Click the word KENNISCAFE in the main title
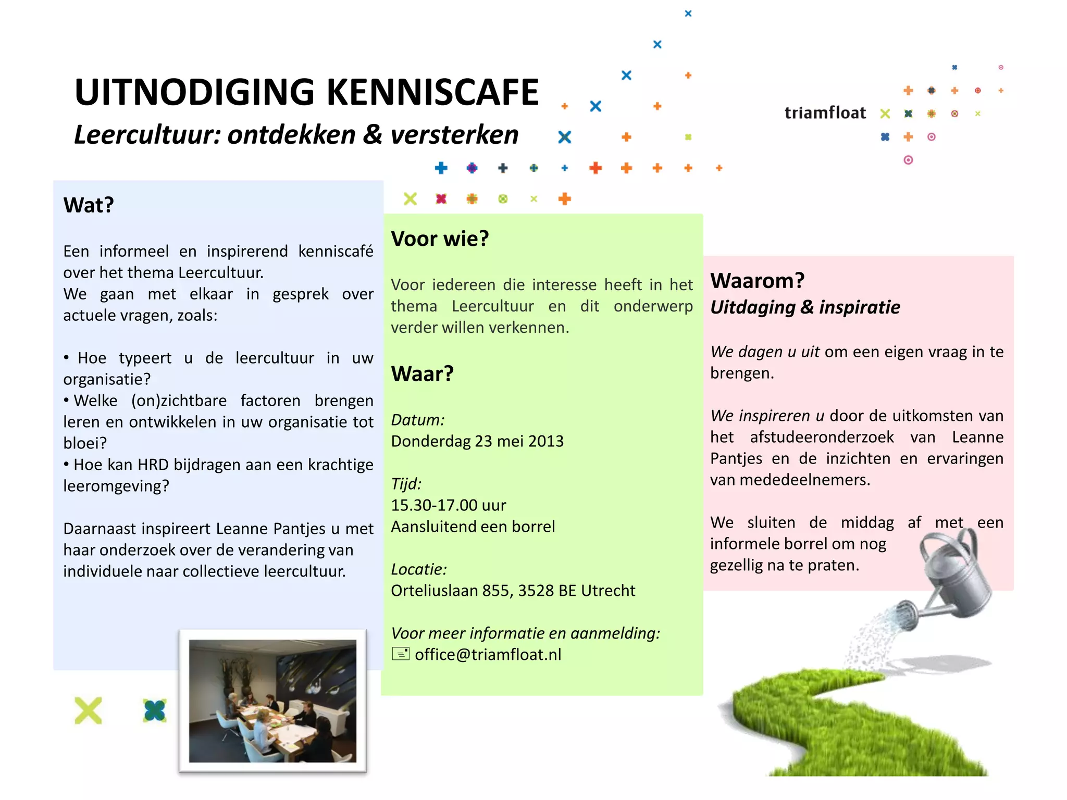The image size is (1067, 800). [432, 92]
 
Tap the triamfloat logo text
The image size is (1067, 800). [825, 113]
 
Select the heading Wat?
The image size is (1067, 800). [89, 205]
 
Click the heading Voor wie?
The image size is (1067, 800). [440, 239]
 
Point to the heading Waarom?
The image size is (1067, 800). [757, 281]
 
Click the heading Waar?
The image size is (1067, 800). [422, 373]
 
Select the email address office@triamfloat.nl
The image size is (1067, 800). [488, 654]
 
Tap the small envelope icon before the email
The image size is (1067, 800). [401, 654]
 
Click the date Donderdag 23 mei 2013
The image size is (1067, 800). [477, 441]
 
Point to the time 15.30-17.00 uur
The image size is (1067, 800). [449, 505]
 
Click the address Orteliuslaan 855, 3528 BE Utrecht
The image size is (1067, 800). [513, 591]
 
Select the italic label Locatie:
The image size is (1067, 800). [419, 569]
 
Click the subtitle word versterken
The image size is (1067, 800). [454, 134]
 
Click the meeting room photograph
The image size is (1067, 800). [272, 701]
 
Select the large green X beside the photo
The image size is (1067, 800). [88, 710]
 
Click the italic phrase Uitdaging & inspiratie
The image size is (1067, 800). [805, 307]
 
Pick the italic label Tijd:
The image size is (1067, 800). [406, 484]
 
